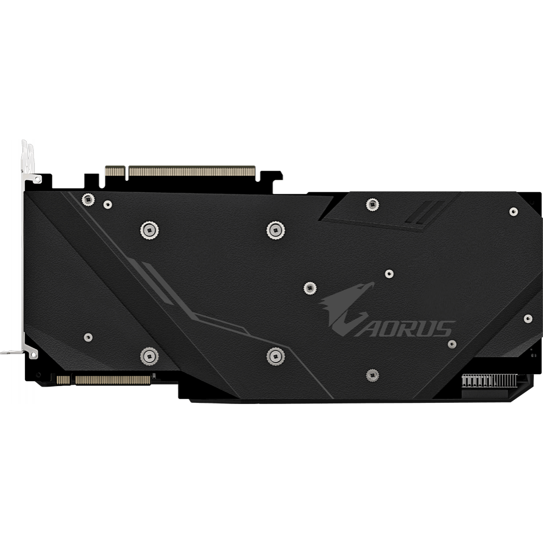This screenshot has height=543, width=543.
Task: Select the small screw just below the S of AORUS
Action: (452, 344)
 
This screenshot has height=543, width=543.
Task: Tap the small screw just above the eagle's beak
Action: (389, 274)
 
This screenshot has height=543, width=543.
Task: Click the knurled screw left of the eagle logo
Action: (310, 286)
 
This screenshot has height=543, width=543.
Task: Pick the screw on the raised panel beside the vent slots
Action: (372, 204)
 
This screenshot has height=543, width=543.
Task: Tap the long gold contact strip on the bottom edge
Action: (112, 380)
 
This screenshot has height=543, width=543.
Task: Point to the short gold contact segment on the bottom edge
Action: (63, 380)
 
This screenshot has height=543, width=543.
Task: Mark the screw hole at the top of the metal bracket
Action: (36, 178)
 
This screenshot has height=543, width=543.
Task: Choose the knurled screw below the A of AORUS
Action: (372, 374)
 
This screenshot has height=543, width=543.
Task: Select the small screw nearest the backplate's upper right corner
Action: (513, 211)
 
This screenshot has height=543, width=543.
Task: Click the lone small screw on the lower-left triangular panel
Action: (87, 337)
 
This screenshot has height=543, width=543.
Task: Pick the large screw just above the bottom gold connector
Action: (149, 356)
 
